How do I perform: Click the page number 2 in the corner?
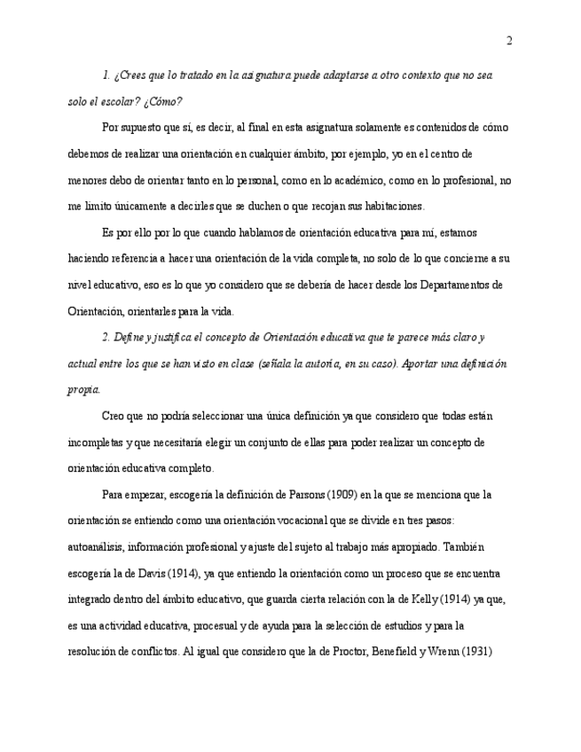509,41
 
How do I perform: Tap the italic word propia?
83,389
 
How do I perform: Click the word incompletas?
97,442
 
